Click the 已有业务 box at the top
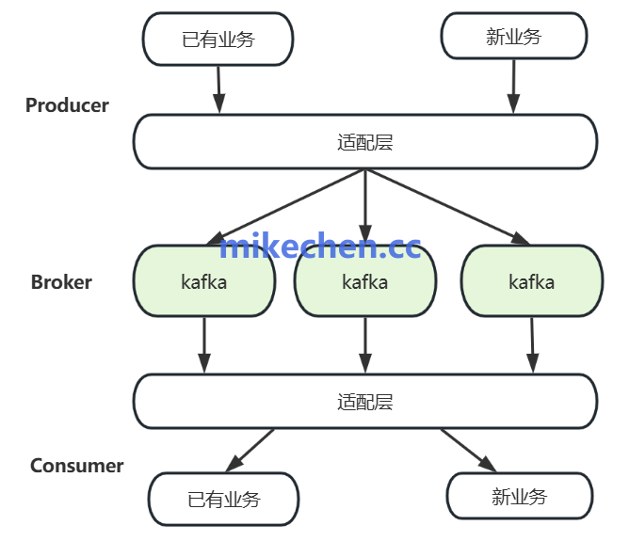[x=218, y=40]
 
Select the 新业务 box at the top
[x=514, y=38]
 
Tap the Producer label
[x=67, y=105]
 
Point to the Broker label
[x=61, y=282]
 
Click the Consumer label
[x=76, y=466]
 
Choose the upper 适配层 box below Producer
[x=364, y=142]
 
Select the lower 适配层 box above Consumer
[x=364, y=402]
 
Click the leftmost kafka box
[x=203, y=281]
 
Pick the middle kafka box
[x=364, y=281]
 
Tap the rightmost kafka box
[x=531, y=281]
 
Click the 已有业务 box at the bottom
[x=223, y=499]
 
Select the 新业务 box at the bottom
[x=519, y=496]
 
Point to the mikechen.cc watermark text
[x=320, y=247]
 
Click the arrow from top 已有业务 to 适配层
[x=218, y=89]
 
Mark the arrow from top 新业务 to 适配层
[x=514, y=87]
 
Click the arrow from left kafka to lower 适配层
[x=204, y=344]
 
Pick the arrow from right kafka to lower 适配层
[x=532, y=344]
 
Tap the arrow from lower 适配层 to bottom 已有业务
[x=250, y=450]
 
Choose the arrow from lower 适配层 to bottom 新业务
[x=468, y=450]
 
